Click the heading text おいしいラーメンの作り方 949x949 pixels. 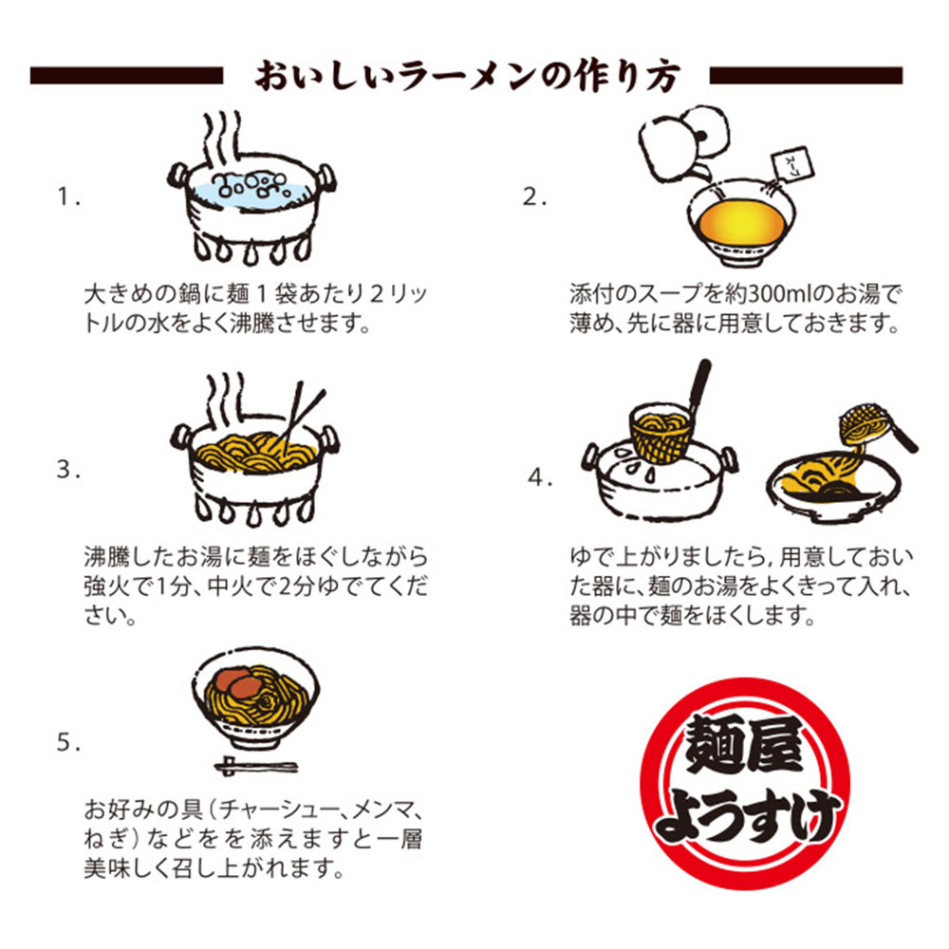(467, 76)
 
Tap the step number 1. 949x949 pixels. (67, 196)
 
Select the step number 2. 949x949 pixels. (534, 196)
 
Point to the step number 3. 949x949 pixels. (67, 469)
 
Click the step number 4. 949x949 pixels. (540, 477)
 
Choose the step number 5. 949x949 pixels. (67, 741)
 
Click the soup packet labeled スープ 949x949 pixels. (791, 162)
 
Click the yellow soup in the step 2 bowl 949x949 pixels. (741, 221)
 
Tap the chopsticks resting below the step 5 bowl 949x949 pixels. (256, 766)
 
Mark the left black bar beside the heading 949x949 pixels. (126, 76)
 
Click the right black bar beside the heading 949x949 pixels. (806, 76)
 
